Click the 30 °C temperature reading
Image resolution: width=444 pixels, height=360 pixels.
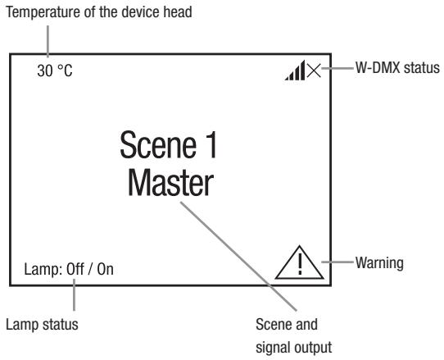tap(54, 71)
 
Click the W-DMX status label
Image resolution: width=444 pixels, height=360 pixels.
tap(396, 70)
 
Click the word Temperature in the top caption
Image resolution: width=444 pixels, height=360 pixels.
tap(39, 11)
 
